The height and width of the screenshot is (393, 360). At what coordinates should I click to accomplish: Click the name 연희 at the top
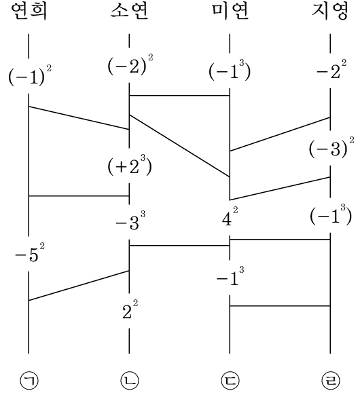(29, 12)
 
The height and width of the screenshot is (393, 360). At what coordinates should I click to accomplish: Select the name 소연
(130, 12)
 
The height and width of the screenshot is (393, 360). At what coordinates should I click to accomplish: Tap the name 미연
(230, 12)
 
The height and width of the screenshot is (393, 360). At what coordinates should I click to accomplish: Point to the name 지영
(330, 12)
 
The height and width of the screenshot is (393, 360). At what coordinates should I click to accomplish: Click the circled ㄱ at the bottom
(29, 381)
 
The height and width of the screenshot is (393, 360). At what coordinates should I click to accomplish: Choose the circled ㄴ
(130, 381)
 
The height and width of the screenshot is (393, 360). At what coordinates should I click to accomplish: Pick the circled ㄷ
(230, 381)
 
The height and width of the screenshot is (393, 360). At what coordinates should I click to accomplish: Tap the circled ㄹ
(330, 381)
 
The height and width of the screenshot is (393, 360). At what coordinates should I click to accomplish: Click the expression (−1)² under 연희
(30, 76)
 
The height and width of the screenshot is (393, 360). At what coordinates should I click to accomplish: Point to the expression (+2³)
(130, 166)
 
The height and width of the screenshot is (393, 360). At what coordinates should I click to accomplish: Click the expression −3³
(130, 221)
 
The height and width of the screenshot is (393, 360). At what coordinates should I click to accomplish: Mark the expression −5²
(30, 252)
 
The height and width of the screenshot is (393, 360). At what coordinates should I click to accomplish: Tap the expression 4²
(230, 217)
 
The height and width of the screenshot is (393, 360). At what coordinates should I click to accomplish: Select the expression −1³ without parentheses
(230, 277)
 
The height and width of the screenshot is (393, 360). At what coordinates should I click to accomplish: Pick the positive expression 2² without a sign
(130, 310)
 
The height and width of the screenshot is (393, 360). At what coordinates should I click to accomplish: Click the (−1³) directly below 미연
(230, 70)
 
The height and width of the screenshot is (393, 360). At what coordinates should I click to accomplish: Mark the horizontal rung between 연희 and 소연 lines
(79, 196)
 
